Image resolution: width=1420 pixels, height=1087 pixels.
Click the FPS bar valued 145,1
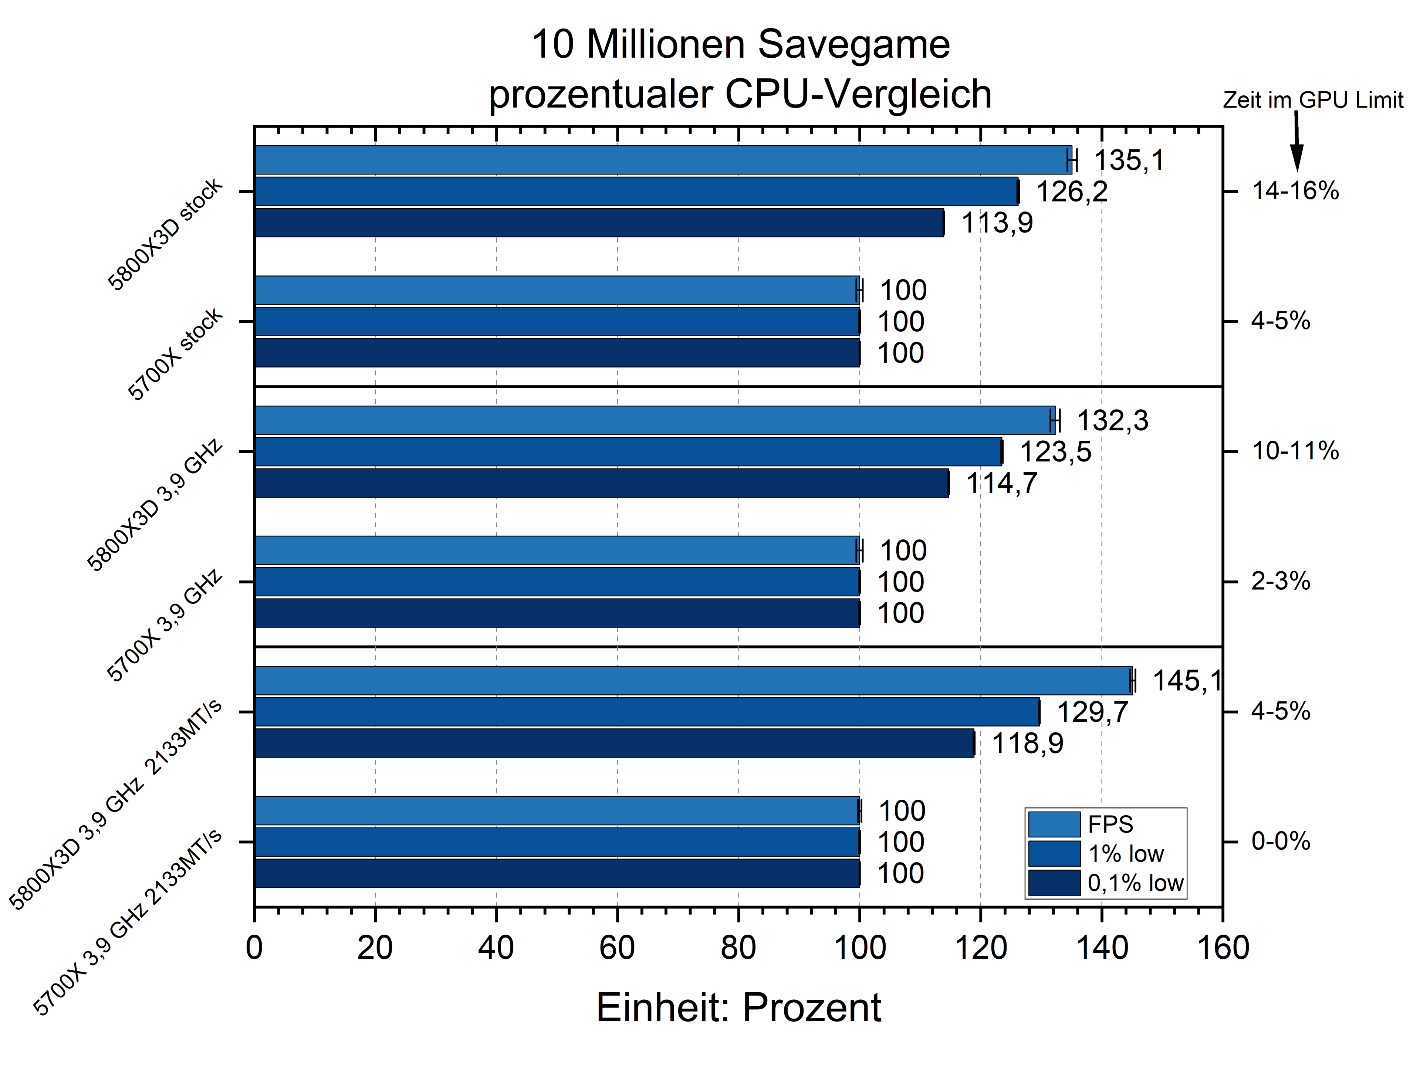tap(693, 681)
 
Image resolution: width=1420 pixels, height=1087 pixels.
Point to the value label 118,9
tap(1027, 744)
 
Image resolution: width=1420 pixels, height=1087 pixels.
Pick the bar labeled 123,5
tap(628, 452)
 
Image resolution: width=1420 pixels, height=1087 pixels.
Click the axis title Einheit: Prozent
tap(738, 1008)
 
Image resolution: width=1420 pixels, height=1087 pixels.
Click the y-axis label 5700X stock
tap(175, 355)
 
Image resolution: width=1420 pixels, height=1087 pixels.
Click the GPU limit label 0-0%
tap(1280, 842)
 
